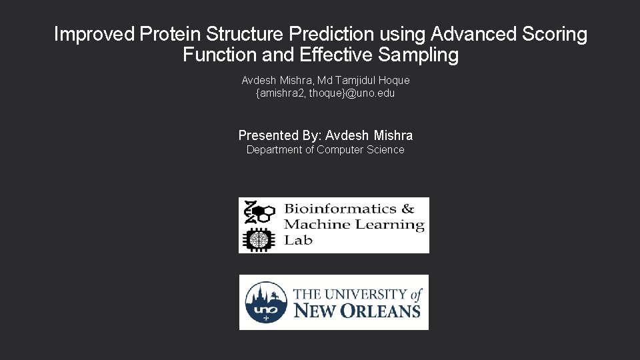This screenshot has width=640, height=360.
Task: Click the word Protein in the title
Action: (x=170, y=34)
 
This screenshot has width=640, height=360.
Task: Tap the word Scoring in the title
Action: (x=552, y=34)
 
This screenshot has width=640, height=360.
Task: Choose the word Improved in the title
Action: (x=95, y=34)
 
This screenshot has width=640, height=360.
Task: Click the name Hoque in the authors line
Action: (x=394, y=80)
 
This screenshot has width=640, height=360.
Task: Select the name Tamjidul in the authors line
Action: (x=355, y=80)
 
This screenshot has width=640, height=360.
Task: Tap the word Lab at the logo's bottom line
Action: (x=298, y=241)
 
